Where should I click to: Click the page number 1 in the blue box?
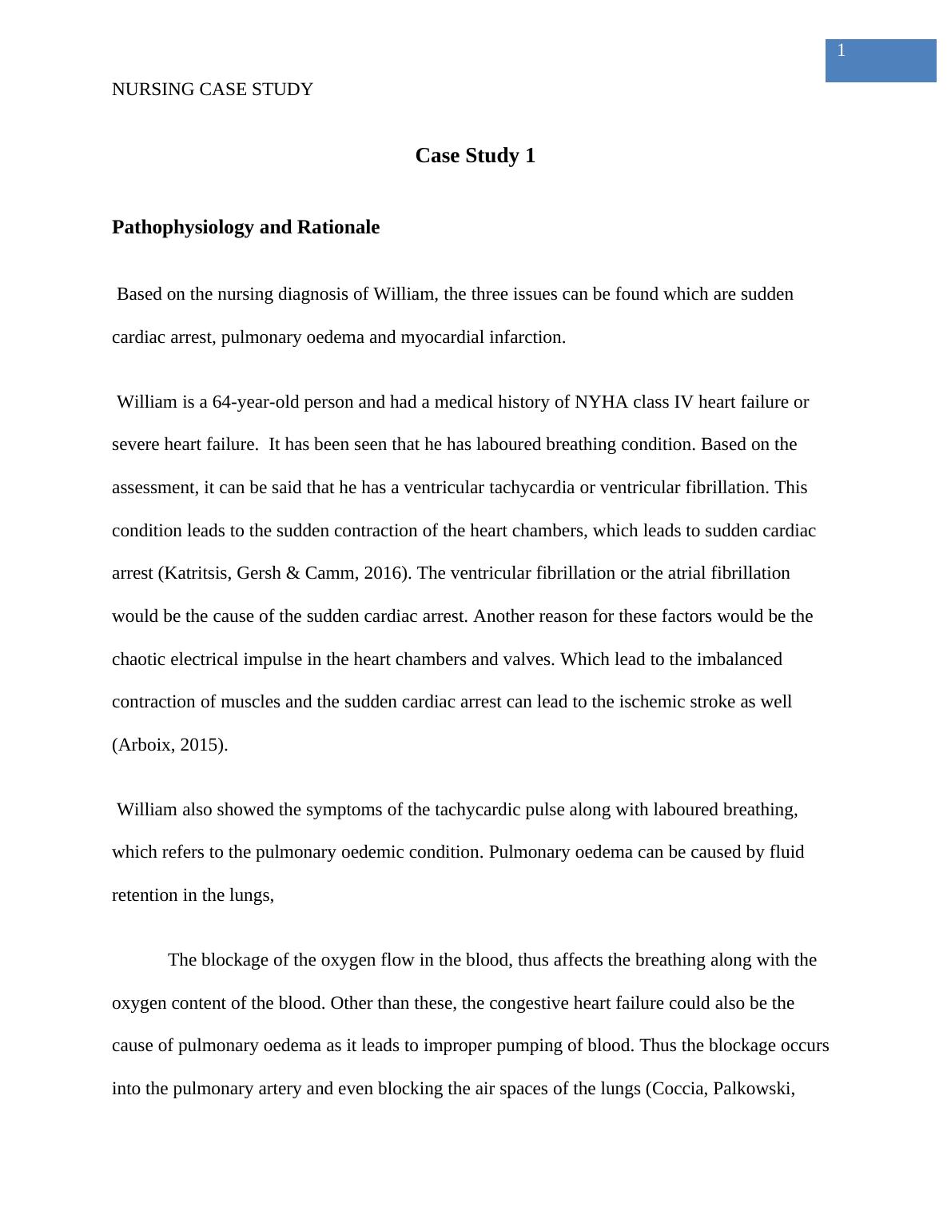tap(841, 51)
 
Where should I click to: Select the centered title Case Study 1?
tap(475, 156)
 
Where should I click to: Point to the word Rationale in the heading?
tap(339, 228)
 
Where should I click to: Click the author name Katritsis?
tap(195, 573)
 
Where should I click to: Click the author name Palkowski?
tap(754, 1089)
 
